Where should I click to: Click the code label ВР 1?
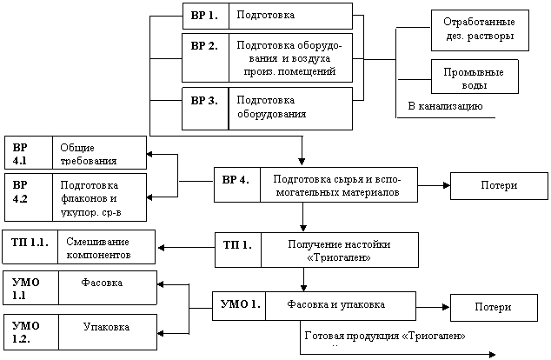pyautogui.click(x=204, y=16)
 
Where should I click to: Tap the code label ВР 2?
pyautogui.click(x=204, y=46)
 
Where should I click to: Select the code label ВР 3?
pyautogui.click(x=204, y=101)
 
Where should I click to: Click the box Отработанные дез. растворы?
pyautogui.click(x=480, y=30)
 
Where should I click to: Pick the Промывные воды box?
pyautogui.click(x=475, y=77)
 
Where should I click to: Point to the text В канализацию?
pyautogui.click(x=445, y=106)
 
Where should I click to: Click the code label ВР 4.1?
pyautogui.click(x=20, y=154)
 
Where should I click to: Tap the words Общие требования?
pyautogui.click(x=88, y=154)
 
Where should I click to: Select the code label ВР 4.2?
pyautogui.click(x=20, y=192)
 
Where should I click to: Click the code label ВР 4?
pyautogui.click(x=236, y=180)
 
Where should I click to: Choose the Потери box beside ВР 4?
pyautogui.click(x=499, y=186)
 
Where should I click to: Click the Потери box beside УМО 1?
pyautogui.click(x=494, y=308)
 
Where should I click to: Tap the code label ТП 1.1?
pyautogui.click(x=30, y=243)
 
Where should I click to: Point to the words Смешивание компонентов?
pyautogui.click(x=98, y=248)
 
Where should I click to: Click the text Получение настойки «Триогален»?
pyautogui.click(x=339, y=250)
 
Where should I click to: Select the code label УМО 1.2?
pyautogui.click(x=26, y=332)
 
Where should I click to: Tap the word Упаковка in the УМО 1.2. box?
pyautogui.click(x=106, y=327)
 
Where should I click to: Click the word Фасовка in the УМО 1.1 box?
pyautogui.click(x=102, y=283)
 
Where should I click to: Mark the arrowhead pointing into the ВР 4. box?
pyautogui.click(x=302, y=162)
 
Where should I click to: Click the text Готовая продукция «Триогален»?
pyautogui.click(x=385, y=337)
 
